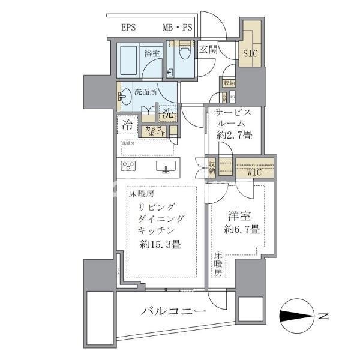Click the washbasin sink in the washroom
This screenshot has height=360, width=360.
pyautogui.click(x=124, y=96)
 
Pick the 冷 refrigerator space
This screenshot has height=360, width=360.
pyautogui.click(x=127, y=125)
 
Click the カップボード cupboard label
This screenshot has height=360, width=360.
pyautogui.click(x=153, y=130)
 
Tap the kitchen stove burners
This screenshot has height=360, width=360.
pyautogui.click(x=130, y=166)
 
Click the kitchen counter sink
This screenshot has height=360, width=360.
pyautogui.click(x=166, y=166)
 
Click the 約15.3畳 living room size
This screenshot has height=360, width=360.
pyautogui.click(x=161, y=245)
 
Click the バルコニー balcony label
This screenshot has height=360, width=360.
pyautogui.click(x=174, y=311)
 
